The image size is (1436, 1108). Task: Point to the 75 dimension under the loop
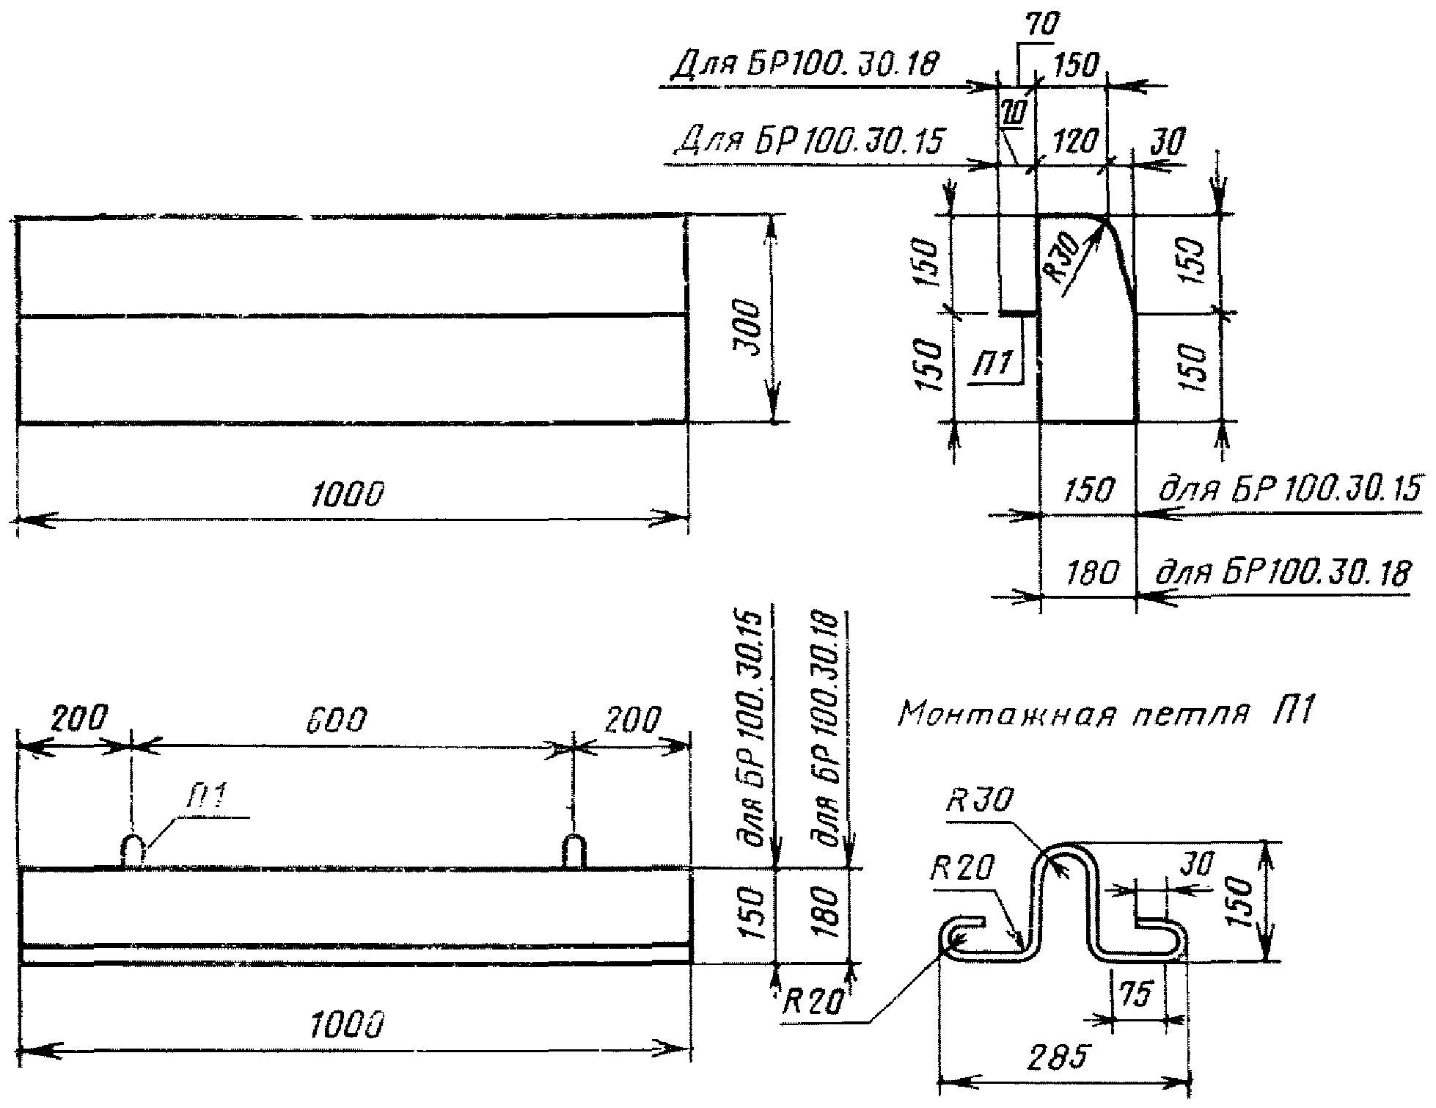pyautogui.click(x=1133, y=994)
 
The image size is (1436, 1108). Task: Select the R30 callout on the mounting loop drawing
pyautogui.click(x=978, y=800)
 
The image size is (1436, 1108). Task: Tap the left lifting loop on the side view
pyautogui.click(x=133, y=851)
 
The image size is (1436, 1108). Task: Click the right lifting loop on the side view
pyautogui.click(x=574, y=851)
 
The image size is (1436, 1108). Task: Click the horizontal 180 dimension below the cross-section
pyautogui.click(x=1092, y=572)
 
